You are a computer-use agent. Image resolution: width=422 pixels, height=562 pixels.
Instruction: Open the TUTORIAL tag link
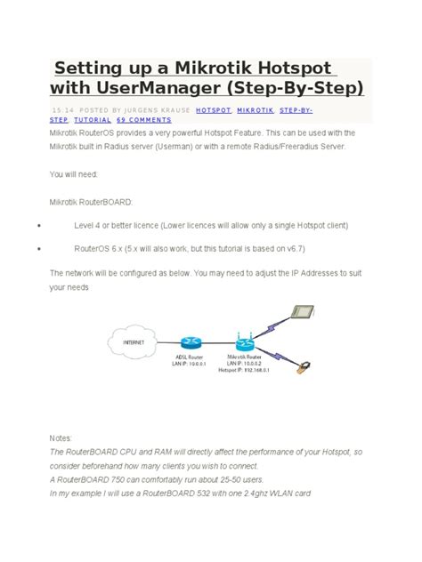click(x=93, y=119)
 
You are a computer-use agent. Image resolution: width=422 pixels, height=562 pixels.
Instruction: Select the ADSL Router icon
click(x=189, y=341)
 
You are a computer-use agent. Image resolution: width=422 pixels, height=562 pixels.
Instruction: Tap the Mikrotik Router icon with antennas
click(x=245, y=341)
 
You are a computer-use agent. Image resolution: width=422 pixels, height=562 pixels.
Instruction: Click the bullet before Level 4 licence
click(x=40, y=226)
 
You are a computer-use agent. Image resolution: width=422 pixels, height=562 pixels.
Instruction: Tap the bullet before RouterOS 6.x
click(x=40, y=250)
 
